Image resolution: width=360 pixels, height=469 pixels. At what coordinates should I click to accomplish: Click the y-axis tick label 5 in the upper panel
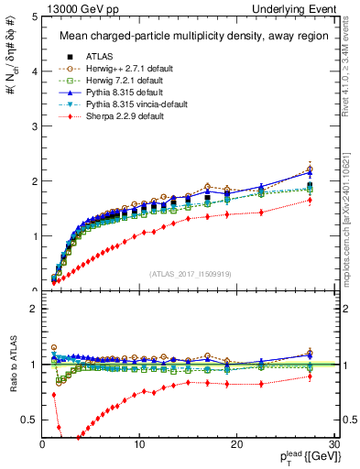(34, 16)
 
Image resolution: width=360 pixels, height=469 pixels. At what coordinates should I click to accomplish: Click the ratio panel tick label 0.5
(29, 420)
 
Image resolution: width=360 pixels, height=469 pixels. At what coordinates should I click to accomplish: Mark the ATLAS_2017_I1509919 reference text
(189, 274)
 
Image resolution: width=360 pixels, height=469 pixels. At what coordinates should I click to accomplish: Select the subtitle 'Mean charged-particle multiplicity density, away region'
(190, 37)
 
